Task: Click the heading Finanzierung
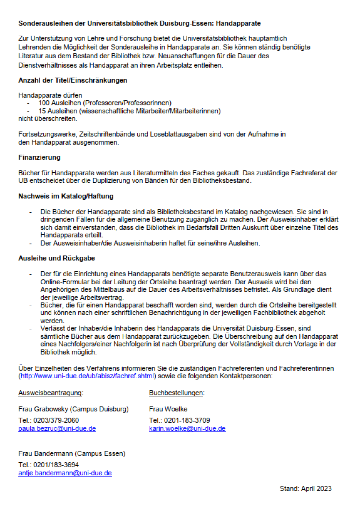tap(39, 157)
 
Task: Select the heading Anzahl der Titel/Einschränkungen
tap(73, 80)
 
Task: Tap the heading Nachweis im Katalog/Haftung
tap(66, 196)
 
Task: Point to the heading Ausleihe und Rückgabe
tap(56, 258)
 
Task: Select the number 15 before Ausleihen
tap(42, 111)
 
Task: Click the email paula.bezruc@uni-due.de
tap(57, 429)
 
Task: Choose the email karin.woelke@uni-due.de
tap(187, 429)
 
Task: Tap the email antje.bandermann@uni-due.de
tap(65, 473)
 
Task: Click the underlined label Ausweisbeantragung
tap(50, 393)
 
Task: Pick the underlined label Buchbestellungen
tap(176, 393)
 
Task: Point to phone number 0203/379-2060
tap(56, 420)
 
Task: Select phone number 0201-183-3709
tap(187, 420)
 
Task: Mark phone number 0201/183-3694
tap(56, 465)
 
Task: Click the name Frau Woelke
tap(168, 409)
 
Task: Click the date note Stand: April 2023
tap(305, 489)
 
